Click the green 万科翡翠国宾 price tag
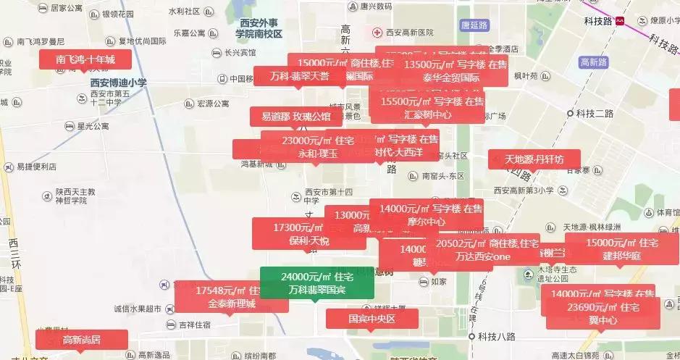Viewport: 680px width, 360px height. pos(316,282)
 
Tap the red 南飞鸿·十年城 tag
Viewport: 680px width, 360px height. pos(85,59)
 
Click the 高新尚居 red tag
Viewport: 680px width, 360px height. pos(81,339)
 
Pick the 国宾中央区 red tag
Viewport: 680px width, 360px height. pos(372,318)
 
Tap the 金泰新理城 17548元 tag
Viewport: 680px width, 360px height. pos(232,297)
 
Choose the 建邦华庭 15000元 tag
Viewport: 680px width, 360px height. pos(621,249)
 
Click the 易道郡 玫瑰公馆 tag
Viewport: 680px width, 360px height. pos(295,116)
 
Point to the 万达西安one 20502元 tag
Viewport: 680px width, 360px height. pos(483,250)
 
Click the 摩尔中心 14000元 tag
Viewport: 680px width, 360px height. pos(427,215)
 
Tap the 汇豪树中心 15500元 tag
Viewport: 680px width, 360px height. pos(427,108)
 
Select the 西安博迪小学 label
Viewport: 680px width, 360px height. pos(118,83)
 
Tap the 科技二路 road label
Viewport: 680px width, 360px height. pos(594,113)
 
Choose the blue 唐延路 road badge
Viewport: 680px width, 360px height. pos(474,25)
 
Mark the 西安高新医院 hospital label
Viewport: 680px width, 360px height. pos(408,33)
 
